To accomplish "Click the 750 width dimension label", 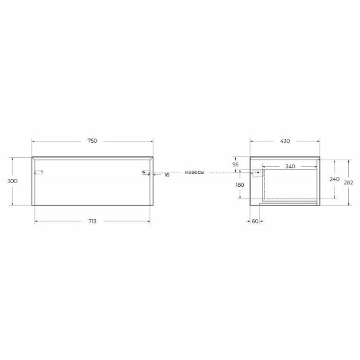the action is (92, 141).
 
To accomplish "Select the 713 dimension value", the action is (92, 221).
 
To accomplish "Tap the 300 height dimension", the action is (12, 181).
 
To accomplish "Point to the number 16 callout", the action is (167, 175).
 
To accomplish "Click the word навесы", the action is (194, 172).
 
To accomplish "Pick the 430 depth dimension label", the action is (285, 141).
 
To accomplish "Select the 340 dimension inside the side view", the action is (290, 166).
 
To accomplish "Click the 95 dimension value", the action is (236, 164).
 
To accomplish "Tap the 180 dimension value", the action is (240, 185).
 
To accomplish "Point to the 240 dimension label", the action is (335, 179).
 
